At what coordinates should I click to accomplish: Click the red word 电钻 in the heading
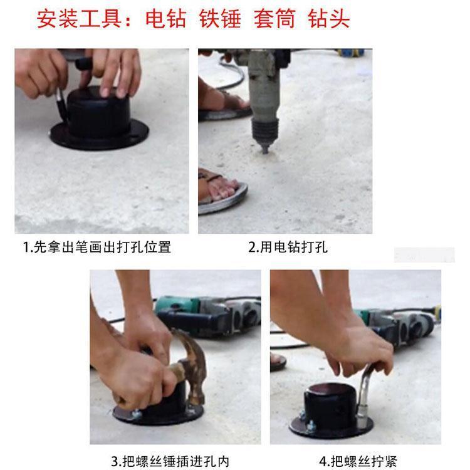(166, 19)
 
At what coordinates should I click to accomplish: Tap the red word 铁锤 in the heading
(221, 19)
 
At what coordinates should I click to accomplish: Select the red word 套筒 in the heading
(275, 19)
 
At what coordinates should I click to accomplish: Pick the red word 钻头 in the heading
(329, 19)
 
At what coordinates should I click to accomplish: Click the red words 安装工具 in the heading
(80, 19)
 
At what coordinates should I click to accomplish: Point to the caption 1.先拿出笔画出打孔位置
(97, 248)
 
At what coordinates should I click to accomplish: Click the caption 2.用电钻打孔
(288, 248)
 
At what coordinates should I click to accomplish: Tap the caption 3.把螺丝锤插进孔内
(170, 462)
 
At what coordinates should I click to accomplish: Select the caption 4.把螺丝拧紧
(358, 462)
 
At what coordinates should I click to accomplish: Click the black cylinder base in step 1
(99, 120)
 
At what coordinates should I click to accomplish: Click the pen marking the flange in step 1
(61, 105)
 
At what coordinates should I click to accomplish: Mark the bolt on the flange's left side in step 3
(137, 414)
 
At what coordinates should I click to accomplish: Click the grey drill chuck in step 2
(265, 132)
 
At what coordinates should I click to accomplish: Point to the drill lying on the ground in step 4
(399, 325)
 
